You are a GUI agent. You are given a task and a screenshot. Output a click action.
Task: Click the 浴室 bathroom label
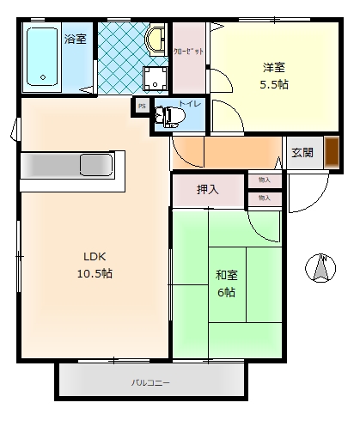tap(75, 38)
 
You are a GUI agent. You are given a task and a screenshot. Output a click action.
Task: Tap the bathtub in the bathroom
tap(42, 58)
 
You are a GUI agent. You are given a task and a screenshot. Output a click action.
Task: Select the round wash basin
tap(156, 40)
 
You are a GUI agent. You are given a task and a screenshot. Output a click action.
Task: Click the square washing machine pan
tap(156, 78)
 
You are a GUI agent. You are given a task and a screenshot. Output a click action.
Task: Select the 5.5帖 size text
tap(273, 85)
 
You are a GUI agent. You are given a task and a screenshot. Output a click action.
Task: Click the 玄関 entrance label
tap(302, 153)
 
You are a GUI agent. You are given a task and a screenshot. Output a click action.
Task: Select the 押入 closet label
tap(207, 189)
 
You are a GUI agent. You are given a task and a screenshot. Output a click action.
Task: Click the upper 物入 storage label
tap(264, 180)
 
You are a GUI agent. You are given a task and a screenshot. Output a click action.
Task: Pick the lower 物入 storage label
tap(264, 198)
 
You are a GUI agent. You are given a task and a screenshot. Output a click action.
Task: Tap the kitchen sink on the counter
tap(91, 163)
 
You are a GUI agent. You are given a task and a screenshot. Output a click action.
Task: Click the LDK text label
tap(95, 257)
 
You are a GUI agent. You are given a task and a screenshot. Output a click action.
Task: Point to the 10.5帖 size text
tap(95, 274)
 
